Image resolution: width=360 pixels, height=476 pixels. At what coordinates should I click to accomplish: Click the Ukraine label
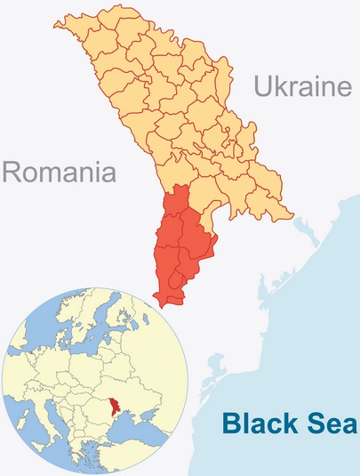tap(298, 85)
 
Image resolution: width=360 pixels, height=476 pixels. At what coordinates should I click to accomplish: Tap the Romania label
tap(60, 170)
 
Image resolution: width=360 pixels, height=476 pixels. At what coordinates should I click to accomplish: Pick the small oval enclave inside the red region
tap(176, 282)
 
